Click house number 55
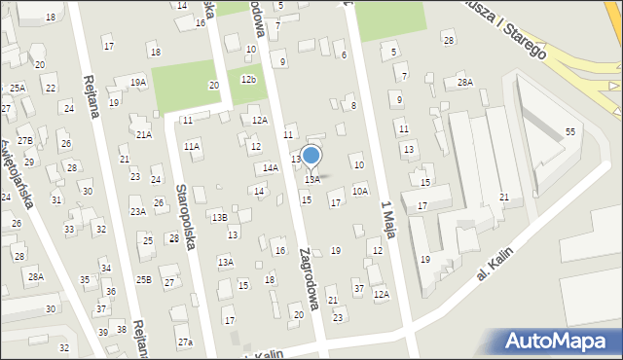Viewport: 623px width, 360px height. pos(570,131)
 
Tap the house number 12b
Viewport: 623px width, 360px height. pos(249,79)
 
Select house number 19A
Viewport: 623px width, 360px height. pos(138,83)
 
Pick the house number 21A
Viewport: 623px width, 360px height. pos(144,134)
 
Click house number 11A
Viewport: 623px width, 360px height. pos(192,146)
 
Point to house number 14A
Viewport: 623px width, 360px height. pos(271,167)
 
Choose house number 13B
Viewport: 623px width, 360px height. pos(220,217)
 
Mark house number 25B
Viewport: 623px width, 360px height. pos(143,279)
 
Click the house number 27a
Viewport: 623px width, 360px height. pos(185,342)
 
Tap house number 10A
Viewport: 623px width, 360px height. pos(360,192)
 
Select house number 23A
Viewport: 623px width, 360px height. pos(138,211)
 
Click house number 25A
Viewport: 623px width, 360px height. pos(18,88)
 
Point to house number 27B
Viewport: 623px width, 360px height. pos(24,141)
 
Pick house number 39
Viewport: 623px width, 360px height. pos(103,333)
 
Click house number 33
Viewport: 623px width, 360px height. pos(69,230)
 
